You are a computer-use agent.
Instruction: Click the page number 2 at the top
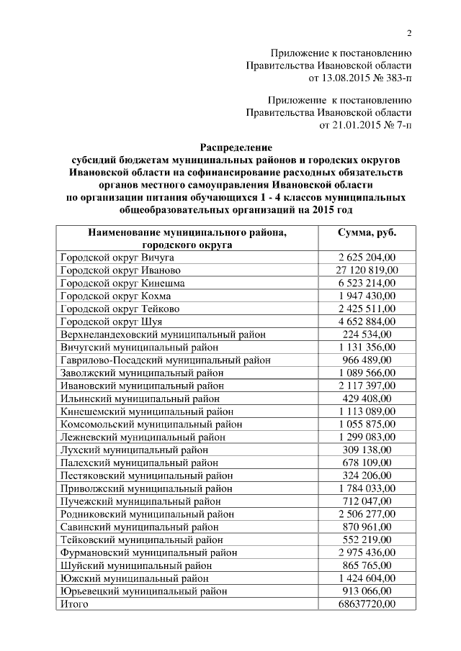point(408,33)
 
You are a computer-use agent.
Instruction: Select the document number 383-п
point(394,77)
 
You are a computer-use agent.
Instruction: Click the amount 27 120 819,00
point(367,270)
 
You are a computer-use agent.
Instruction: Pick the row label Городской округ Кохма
point(118,296)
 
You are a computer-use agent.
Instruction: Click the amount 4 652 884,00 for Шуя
point(367,321)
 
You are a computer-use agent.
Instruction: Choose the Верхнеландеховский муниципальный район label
point(163,334)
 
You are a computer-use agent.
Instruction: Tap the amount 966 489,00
point(367,360)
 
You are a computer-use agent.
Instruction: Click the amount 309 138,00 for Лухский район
point(367,450)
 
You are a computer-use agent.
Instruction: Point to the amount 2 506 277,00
point(367,514)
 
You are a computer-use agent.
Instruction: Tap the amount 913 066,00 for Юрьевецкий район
point(367,591)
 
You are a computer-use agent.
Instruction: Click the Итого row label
point(74,604)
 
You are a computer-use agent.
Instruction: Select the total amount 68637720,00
point(367,604)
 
